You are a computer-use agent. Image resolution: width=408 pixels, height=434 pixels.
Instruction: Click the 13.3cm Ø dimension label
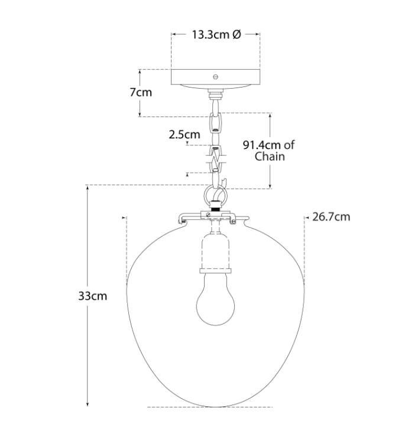click(x=216, y=35)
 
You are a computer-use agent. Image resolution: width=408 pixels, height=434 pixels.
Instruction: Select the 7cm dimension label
click(x=141, y=92)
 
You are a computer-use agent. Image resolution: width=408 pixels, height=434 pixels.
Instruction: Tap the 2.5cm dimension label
click(x=184, y=135)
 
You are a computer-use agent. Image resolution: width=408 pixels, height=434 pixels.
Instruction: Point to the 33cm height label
click(x=92, y=296)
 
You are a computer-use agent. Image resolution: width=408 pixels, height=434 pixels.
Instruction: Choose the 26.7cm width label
click(x=331, y=217)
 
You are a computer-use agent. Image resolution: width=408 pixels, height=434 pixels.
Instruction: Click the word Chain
click(x=270, y=156)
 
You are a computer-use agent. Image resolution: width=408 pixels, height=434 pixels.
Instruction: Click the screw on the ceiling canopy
click(x=216, y=77)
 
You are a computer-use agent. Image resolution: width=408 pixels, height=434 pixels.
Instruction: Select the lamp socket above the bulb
click(x=215, y=253)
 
